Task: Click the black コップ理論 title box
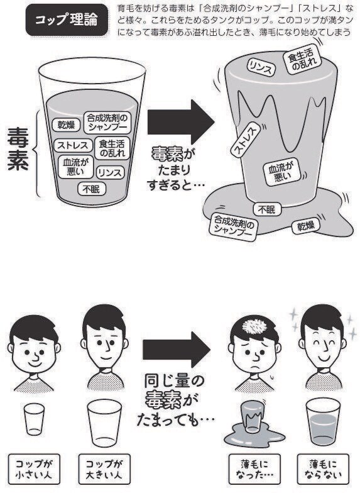pos(66,20)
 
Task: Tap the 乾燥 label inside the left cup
pos(67,125)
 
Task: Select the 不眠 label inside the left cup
pos(92,189)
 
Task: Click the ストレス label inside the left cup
pos(73,145)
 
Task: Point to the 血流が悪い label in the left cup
pos(75,167)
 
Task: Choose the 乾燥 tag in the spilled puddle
pos(305,226)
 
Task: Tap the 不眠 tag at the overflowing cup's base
pos(266,209)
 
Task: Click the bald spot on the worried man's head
pos(256,328)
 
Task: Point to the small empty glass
pos(35,419)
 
